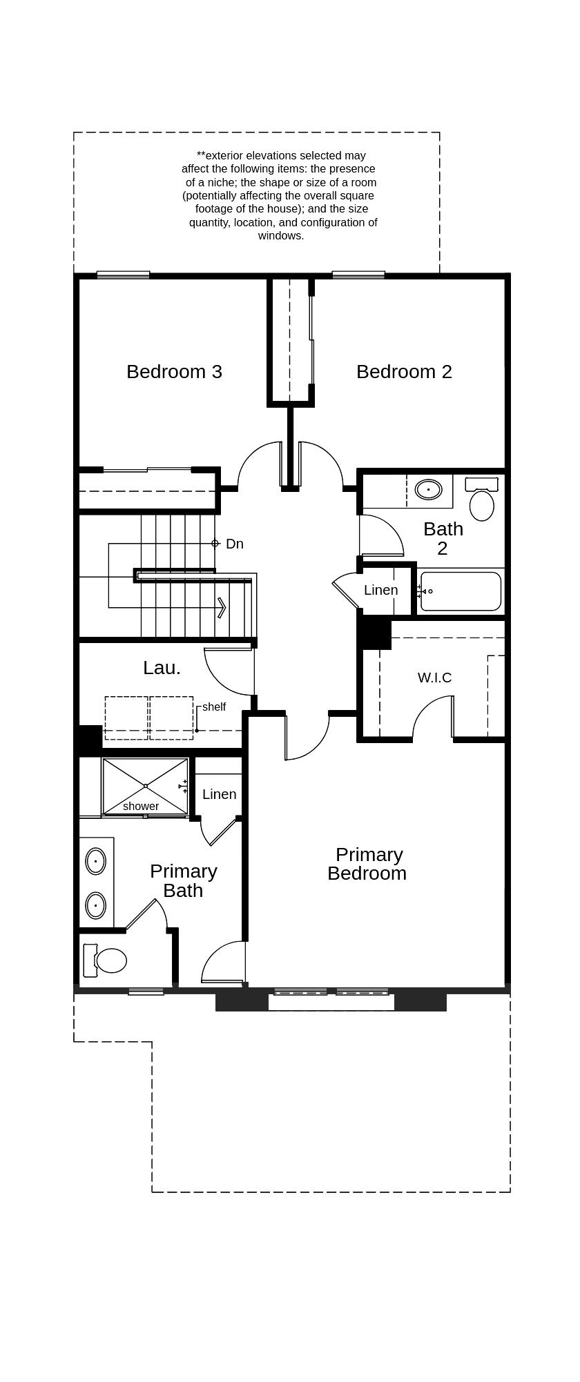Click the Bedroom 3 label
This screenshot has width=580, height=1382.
[x=174, y=372]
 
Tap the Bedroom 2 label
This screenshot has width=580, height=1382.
[x=404, y=372]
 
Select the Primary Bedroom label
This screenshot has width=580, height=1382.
[x=367, y=864]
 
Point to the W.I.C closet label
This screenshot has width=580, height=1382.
[x=434, y=678]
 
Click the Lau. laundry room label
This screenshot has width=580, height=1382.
[x=162, y=668]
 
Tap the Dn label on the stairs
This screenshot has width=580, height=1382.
[x=235, y=544]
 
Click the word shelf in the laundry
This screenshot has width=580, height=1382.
[x=214, y=707]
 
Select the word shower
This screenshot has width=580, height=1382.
[x=141, y=806]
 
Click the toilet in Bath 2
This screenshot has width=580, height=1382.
[x=481, y=503]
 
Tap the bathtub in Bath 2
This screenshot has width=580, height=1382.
[x=461, y=591]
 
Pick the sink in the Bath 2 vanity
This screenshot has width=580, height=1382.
[x=428, y=490]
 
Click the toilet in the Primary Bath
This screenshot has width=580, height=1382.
[x=109, y=960]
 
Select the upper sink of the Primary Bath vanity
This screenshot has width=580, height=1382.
[x=95, y=861]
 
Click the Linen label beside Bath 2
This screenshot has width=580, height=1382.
[x=381, y=590]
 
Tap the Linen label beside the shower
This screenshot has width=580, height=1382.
[x=220, y=794]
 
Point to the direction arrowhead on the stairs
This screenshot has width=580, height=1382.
[x=222, y=607]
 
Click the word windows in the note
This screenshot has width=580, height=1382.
[x=281, y=235]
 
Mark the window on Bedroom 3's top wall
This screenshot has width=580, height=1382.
[x=123, y=275]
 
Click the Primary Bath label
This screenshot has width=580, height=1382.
[x=183, y=880]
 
